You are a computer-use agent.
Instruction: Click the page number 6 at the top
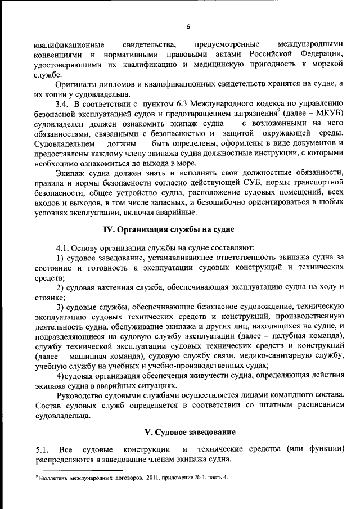click(188, 27)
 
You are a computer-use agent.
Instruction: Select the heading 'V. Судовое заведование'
click(190, 432)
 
